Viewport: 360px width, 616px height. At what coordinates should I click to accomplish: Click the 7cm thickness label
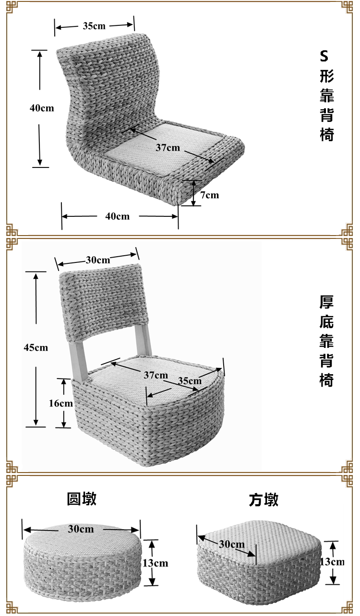click(x=209, y=195)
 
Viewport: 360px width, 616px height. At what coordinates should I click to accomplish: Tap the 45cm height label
click(x=36, y=347)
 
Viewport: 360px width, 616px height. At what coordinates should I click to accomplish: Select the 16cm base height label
click(x=60, y=403)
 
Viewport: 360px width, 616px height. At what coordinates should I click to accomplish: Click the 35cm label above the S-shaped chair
click(x=94, y=26)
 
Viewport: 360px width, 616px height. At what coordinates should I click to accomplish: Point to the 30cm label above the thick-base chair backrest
click(x=98, y=260)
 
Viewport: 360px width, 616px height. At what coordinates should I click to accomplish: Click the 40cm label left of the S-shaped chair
click(x=42, y=108)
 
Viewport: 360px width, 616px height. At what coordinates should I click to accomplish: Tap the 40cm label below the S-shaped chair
click(x=118, y=216)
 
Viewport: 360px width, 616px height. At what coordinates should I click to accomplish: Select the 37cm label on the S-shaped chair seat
click(x=168, y=147)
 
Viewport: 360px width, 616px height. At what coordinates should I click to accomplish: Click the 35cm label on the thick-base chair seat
click(x=190, y=380)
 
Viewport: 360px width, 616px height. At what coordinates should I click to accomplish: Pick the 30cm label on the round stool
click(x=81, y=529)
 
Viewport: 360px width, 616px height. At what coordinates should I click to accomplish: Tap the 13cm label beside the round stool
click(x=157, y=563)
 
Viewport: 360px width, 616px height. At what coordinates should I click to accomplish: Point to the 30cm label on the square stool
click(x=232, y=544)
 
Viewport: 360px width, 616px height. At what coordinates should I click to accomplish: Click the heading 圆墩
click(x=82, y=499)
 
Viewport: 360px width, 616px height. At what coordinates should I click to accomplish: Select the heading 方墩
click(x=264, y=500)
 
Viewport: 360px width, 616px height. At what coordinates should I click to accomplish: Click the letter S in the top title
click(x=324, y=56)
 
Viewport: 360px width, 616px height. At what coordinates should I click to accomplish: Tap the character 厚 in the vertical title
click(x=326, y=302)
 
